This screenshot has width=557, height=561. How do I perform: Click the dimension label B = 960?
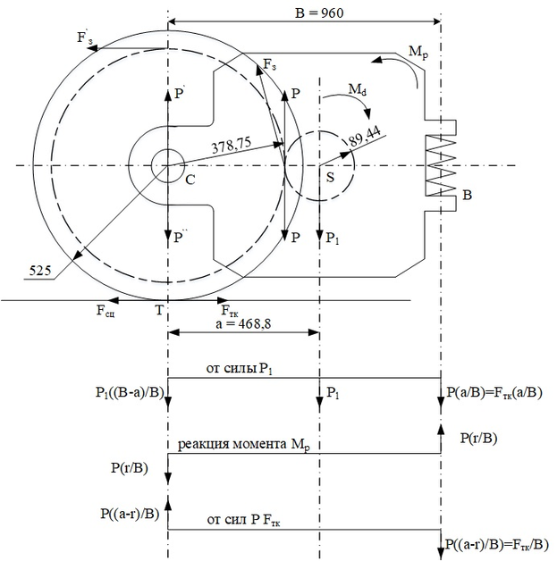pyautogui.click(x=319, y=13)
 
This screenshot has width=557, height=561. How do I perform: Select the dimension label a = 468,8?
pyautogui.click(x=243, y=323)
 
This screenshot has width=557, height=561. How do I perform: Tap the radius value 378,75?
pyautogui.click(x=231, y=145)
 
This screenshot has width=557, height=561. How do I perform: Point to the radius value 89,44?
pyautogui.click(x=365, y=136)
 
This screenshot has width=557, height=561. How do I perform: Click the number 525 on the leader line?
pyautogui.click(x=39, y=271)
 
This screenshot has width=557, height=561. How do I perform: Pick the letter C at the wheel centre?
pyautogui.click(x=190, y=180)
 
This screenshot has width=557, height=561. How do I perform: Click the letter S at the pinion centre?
pyautogui.click(x=330, y=177)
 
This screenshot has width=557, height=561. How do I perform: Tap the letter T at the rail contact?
pyautogui.click(x=159, y=310)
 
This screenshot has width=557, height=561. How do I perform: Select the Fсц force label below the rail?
pyautogui.click(x=105, y=311)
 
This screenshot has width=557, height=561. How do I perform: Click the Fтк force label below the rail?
pyautogui.click(x=230, y=311)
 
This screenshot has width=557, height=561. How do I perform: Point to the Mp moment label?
pyautogui.click(x=418, y=52)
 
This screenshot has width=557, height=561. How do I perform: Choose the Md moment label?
pyautogui.click(x=358, y=88)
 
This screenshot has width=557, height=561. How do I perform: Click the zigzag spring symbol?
pyautogui.click(x=441, y=165)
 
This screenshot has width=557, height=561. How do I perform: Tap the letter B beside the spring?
pyautogui.click(x=468, y=195)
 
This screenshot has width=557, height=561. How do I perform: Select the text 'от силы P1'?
pyautogui.click(x=239, y=369)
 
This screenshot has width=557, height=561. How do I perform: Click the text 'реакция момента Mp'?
pyautogui.click(x=244, y=445)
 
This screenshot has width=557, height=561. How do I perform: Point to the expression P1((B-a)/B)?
pyautogui.click(x=130, y=392)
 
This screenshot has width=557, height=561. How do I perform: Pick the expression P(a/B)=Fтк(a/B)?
pyautogui.click(x=494, y=392)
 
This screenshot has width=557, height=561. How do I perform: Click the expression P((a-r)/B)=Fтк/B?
pyautogui.click(x=497, y=545)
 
